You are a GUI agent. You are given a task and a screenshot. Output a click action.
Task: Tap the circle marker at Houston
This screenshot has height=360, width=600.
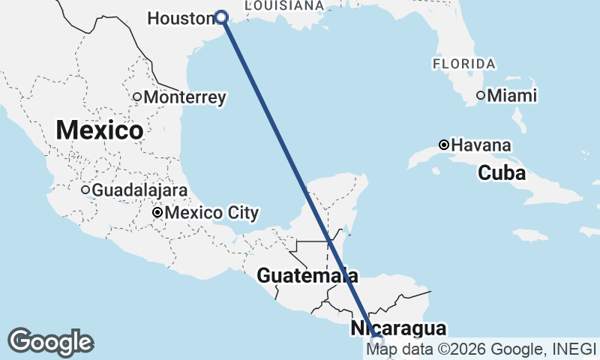click(x=221, y=17)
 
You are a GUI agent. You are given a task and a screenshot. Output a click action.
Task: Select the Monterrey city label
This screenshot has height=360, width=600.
click(x=184, y=97)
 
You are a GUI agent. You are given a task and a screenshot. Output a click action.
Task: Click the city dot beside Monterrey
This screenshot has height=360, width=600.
click(x=137, y=97)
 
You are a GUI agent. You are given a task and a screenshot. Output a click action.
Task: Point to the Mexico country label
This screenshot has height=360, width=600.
click(x=99, y=130)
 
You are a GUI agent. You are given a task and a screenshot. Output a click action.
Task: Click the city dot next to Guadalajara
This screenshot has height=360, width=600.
click(x=85, y=190)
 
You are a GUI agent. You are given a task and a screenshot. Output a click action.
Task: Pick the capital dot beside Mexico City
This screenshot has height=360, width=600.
click(x=157, y=213)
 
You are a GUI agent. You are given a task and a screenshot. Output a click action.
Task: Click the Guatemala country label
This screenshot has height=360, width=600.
click(x=307, y=275)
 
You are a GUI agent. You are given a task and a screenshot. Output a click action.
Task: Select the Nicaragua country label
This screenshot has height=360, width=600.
click(x=398, y=328)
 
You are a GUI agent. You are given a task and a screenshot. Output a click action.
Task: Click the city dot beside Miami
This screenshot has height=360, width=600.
click(x=481, y=95)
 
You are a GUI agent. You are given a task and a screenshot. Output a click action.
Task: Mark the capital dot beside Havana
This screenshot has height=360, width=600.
click(x=444, y=145)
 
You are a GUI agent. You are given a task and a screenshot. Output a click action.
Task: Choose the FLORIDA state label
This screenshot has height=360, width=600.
click(x=463, y=64)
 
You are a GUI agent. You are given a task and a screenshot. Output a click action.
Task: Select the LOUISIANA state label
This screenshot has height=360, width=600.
click(x=284, y=5)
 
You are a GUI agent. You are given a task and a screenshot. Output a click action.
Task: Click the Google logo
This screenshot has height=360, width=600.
click(x=50, y=342)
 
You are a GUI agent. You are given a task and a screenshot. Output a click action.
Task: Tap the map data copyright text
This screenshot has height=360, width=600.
click(x=480, y=349)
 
